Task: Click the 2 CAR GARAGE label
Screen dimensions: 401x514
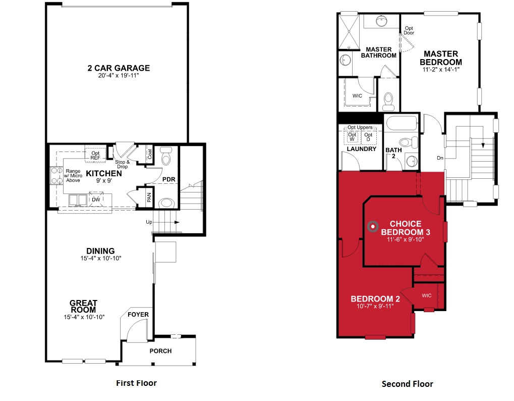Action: click(118, 68)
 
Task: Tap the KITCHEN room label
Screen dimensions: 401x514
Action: click(103, 173)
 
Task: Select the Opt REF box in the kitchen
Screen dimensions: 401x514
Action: click(95, 155)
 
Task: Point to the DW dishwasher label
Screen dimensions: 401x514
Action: click(95, 199)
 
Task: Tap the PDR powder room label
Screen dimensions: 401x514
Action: click(168, 179)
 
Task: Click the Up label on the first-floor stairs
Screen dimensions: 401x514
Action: click(149, 222)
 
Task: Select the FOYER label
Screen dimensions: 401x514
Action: click(138, 315)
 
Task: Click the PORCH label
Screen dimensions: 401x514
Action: click(161, 351)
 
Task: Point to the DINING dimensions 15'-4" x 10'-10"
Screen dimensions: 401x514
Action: click(100, 258)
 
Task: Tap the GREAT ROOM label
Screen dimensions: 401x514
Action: click(84, 306)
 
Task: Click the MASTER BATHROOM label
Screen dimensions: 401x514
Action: click(378, 53)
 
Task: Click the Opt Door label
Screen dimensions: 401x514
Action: click(409, 30)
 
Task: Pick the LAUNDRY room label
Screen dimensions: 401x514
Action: click(362, 149)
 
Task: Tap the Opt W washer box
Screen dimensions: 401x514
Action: click(353, 137)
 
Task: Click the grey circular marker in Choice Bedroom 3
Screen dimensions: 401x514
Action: click(373, 227)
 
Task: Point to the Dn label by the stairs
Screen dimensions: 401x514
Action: click(440, 158)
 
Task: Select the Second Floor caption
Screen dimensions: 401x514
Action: click(407, 384)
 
